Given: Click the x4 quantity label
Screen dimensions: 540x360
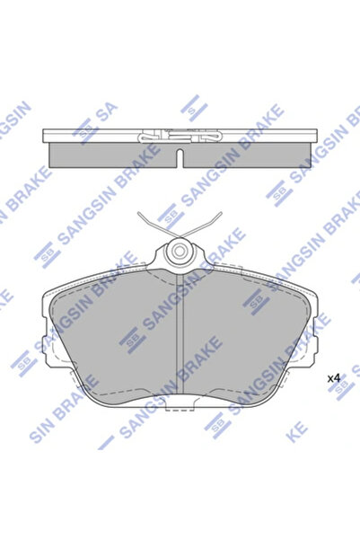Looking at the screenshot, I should pos(333,377).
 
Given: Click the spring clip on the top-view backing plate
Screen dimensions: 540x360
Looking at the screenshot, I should pos(180,137).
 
